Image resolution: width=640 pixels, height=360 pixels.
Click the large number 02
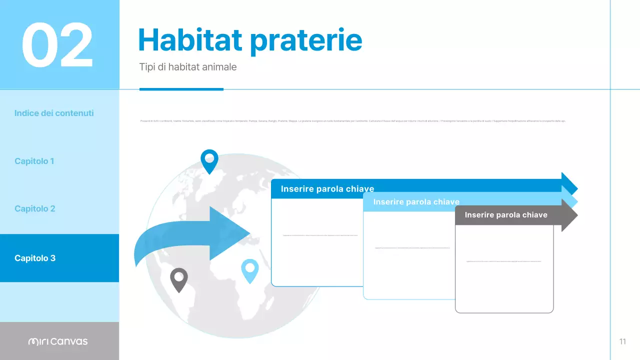[x=57, y=45]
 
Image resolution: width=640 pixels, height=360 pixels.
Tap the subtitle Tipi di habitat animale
[x=188, y=67]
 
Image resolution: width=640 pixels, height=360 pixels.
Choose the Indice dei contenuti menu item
[x=54, y=113]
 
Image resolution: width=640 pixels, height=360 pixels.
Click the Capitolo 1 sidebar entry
[x=34, y=161]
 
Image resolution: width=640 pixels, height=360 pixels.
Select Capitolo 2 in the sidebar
[x=35, y=208]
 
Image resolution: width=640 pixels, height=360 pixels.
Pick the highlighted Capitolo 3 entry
[x=35, y=258]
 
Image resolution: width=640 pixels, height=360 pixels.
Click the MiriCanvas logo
[x=58, y=341]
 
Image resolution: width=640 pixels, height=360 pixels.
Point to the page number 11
[x=622, y=341]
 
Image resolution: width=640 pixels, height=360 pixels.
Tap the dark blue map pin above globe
[x=209, y=160]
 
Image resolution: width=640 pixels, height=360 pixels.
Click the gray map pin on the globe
[x=178, y=279]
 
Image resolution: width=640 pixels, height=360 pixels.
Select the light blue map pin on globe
[x=249, y=270]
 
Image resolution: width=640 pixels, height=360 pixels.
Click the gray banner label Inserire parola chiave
[x=506, y=215]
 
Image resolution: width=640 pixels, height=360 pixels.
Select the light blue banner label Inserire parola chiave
[x=416, y=202]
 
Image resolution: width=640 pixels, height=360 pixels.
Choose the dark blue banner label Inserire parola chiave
[x=327, y=189]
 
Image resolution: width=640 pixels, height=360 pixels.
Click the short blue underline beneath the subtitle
[x=181, y=89]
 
